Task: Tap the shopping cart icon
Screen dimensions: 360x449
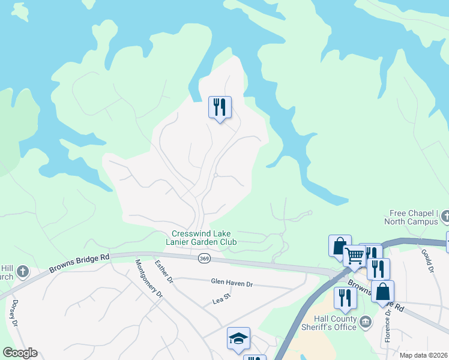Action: point(354,256)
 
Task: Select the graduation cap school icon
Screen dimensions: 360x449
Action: point(238,338)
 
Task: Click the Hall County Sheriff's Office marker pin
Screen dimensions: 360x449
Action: point(365,323)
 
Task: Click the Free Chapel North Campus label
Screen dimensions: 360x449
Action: point(414,217)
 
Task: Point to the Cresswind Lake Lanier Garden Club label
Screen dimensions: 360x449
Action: point(204,238)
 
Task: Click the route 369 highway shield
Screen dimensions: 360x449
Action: point(204,258)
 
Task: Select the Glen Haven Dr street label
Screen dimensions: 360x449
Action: point(232,281)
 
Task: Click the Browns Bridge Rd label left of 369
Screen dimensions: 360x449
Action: point(80,264)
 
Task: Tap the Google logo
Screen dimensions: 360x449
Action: point(20,353)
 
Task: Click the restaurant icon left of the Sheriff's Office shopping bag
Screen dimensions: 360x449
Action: point(345,298)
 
